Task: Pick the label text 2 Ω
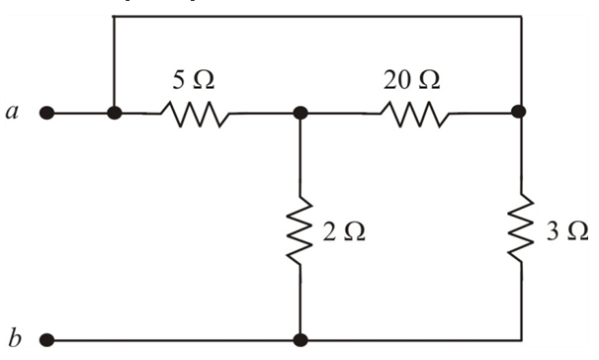point(344,231)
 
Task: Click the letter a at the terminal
point(11,113)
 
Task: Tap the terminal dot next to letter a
point(45,113)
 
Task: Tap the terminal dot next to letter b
point(45,341)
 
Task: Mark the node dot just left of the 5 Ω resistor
point(115,113)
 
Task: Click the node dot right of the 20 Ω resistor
point(519,113)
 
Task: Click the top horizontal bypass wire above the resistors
point(316,17)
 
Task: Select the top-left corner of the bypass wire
point(115,17)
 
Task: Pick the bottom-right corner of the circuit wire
point(519,341)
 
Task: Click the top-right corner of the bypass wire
point(519,17)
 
